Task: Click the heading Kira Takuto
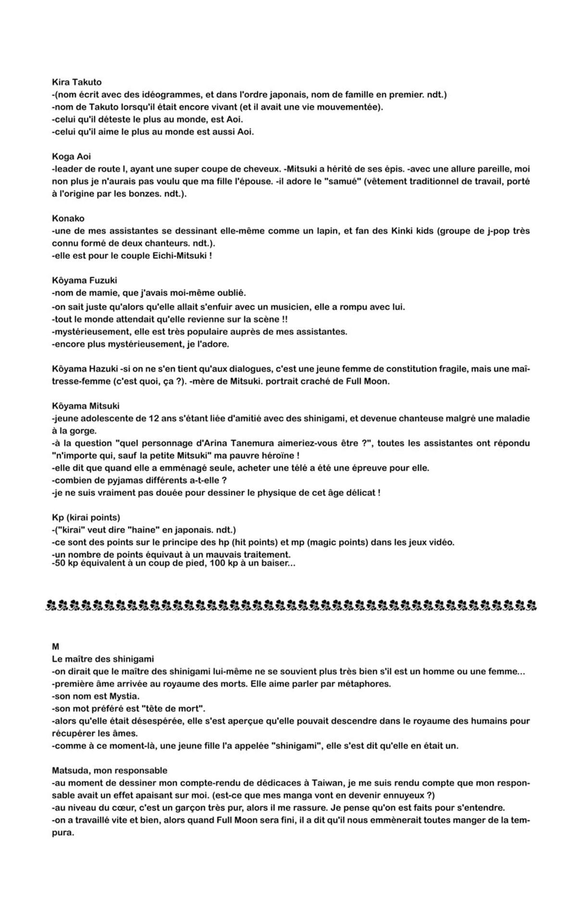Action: tap(76, 82)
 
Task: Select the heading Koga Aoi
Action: tap(71, 156)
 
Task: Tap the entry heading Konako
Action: tap(68, 218)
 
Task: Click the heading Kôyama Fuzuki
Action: tap(84, 280)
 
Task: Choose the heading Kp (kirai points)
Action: tap(86, 517)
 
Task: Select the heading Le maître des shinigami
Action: tap(102, 659)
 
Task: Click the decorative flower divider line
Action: tap(290, 604)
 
